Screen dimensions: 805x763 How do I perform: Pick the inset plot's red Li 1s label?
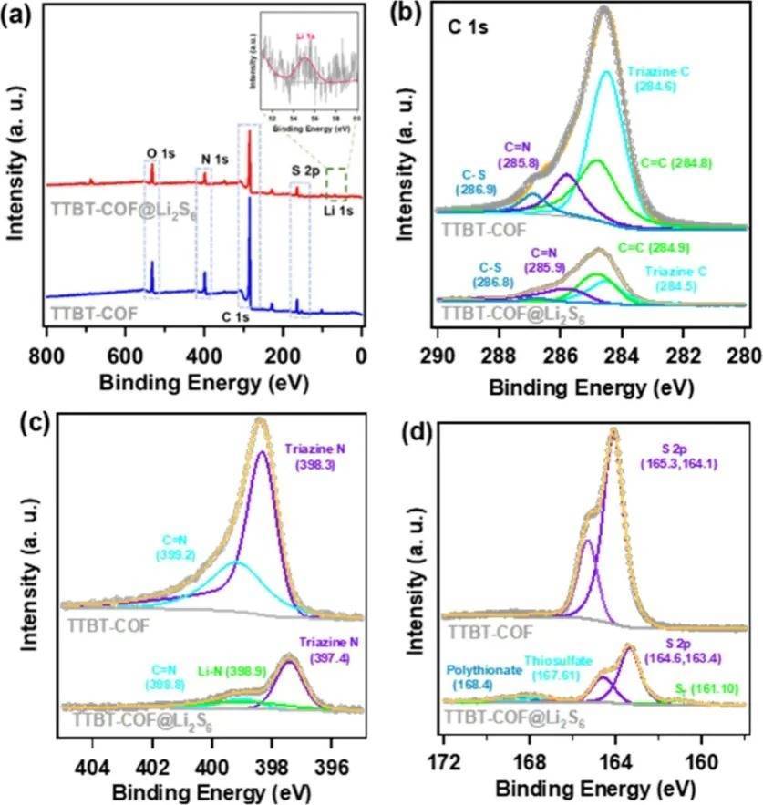coord(305,36)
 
